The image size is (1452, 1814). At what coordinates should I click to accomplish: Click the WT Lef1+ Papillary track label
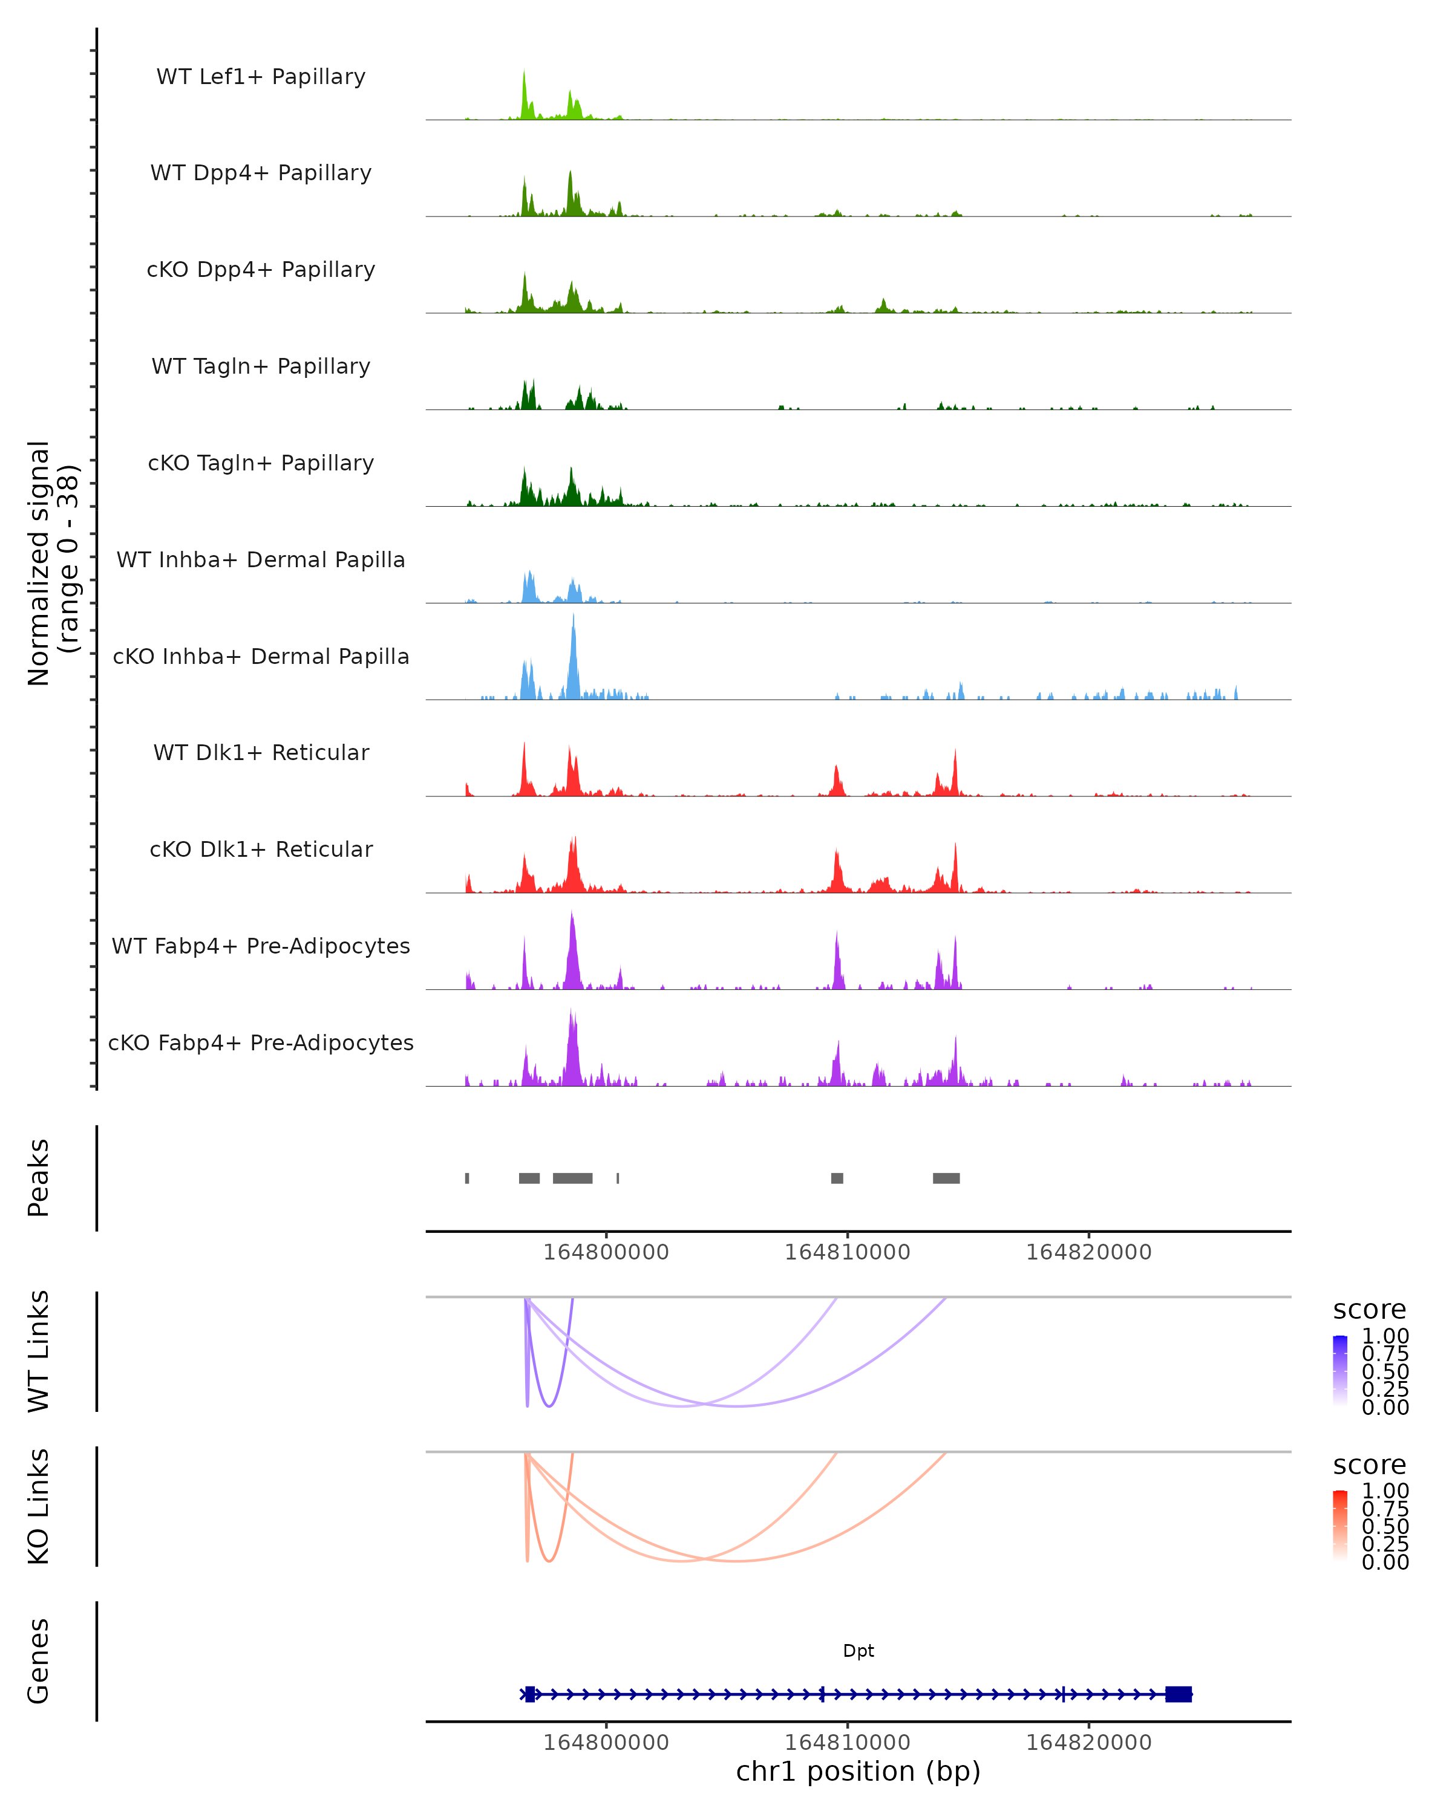tap(261, 77)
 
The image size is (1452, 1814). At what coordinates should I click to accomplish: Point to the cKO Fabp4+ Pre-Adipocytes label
tap(261, 1042)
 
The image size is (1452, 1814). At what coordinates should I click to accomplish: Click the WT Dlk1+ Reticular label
tap(261, 752)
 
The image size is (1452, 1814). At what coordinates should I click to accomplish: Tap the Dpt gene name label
tap(858, 1651)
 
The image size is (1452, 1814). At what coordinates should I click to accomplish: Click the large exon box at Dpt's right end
tap(1179, 1694)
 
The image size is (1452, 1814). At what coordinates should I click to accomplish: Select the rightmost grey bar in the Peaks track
tap(946, 1178)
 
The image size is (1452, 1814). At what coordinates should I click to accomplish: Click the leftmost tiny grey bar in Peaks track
tap(467, 1178)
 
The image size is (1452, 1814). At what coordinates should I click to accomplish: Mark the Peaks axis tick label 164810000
tap(848, 1252)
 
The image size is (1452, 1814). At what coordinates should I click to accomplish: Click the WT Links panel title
tap(39, 1351)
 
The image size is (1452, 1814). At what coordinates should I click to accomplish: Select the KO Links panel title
tap(39, 1506)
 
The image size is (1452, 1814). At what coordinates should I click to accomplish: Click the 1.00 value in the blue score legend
tap(1385, 1336)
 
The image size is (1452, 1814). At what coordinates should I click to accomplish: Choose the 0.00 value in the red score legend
tap(1385, 1562)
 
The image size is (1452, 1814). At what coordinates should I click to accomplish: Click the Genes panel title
tap(39, 1661)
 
